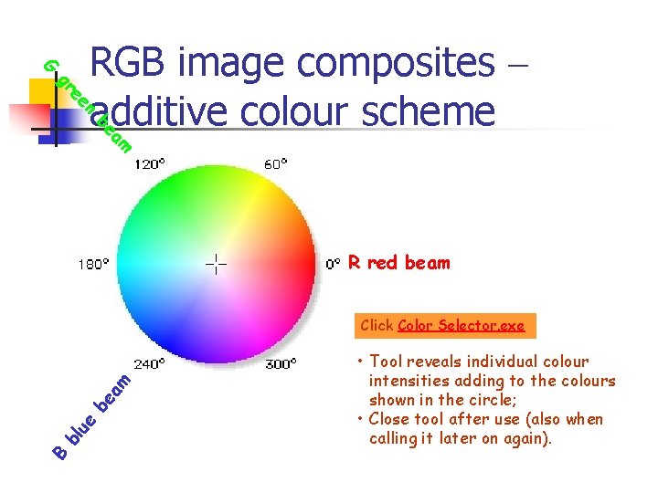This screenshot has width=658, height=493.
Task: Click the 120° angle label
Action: (151, 164)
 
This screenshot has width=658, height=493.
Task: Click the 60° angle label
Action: (275, 164)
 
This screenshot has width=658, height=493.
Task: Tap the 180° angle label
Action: (93, 264)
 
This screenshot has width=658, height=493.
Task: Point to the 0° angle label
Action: (334, 264)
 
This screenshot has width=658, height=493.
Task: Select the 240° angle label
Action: (151, 363)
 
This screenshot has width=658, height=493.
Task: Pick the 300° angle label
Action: (281, 363)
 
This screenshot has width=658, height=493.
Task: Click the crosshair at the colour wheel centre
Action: (216, 264)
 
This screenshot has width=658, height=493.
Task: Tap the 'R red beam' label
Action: (399, 263)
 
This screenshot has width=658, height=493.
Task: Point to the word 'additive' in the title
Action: (157, 111)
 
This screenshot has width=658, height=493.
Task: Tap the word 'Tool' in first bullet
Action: (387, 362)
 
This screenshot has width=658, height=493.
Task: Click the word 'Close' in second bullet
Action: (391, 420)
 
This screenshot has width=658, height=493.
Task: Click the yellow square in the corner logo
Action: (42, 91)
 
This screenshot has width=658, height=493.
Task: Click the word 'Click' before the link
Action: (377, 325)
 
